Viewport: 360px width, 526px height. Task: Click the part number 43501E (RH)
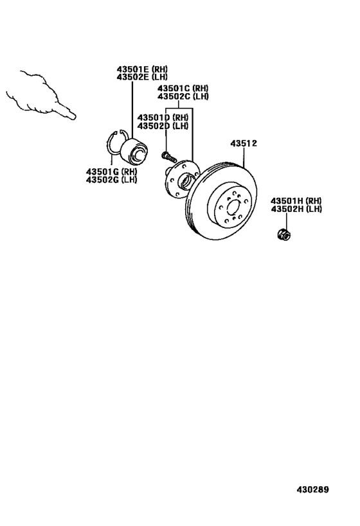click(142, 69)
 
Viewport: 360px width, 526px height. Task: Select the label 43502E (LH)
click(142, 77)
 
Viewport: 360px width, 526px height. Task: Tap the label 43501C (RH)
click(183, 88)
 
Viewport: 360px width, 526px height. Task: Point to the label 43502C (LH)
click(183, 96)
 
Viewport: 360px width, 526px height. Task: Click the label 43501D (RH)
click(163, 118)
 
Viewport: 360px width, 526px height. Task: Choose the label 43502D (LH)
click(163, 126)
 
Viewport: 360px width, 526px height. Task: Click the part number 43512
click(244, 144)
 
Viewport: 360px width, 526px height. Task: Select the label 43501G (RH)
click(111, 171)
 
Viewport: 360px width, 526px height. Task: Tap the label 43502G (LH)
click(111, 179)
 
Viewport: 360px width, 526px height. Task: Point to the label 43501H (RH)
click(296, 200)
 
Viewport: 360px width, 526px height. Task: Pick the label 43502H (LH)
click(296, 209)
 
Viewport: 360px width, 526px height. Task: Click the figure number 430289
click(312, 489)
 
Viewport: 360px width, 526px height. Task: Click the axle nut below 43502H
click(284, 234)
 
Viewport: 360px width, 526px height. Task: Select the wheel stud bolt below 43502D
click(169, 157)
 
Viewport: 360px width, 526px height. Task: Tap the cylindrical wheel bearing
click(134, 150)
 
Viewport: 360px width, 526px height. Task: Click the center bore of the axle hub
click(186, 180)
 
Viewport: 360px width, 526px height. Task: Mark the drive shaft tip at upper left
click(73, 116)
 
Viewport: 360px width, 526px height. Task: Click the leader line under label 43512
click(244, 157)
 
